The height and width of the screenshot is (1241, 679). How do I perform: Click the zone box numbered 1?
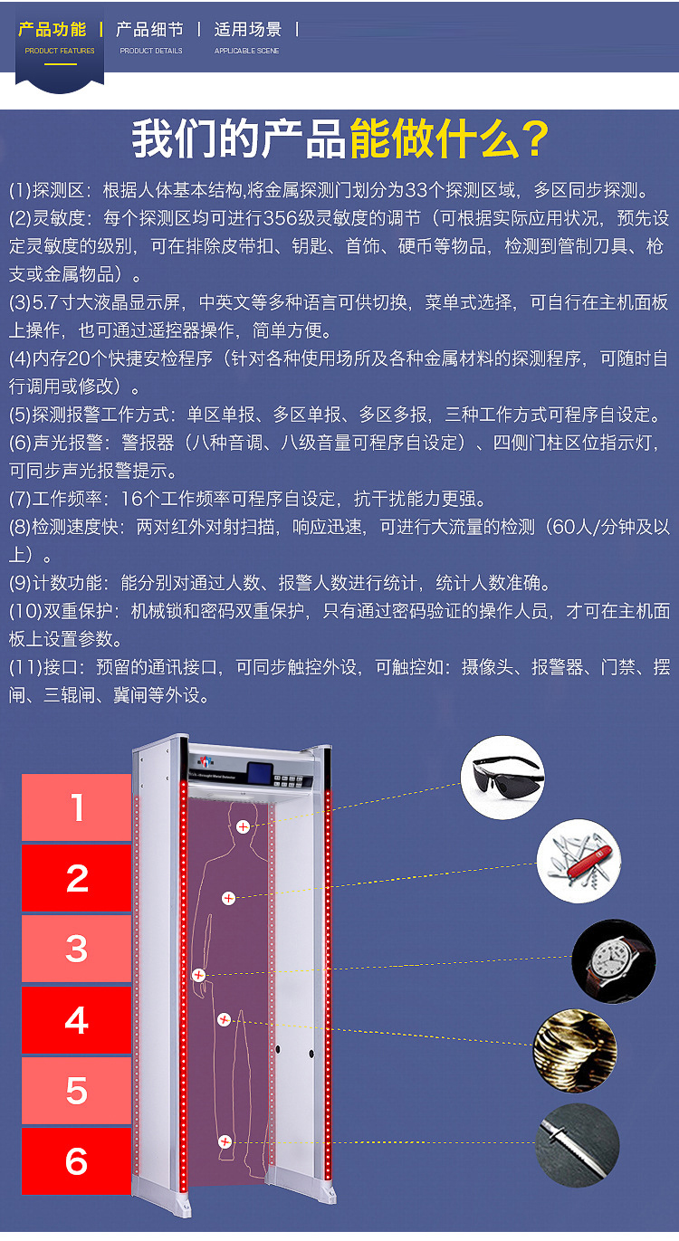tap(76, 807)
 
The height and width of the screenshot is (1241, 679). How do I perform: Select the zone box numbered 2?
tap(76, 878)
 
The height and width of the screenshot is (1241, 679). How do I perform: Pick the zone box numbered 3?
tap(76, 949)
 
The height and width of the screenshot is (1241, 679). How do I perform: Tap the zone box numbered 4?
tap(76, 1019)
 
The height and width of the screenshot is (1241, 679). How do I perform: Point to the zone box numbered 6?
tap(76, 1160)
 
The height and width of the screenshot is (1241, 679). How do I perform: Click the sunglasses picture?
tap(502, 778)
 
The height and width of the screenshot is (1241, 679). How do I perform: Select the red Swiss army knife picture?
tap(579, 862)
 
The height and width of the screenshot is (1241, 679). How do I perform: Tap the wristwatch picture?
tap(614, 961)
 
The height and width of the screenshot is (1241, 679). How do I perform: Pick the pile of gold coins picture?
tap(575, 1051)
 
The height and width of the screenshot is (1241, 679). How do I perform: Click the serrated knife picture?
tap(577, 1145)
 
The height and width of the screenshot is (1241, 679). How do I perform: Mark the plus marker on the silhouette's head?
tap(243, 827)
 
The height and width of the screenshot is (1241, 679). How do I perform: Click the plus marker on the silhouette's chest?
tap(228, 899)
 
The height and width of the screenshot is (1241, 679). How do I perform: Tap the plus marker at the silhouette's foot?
tap(225, 1141)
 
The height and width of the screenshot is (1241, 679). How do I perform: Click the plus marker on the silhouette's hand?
tap(198, 975)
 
